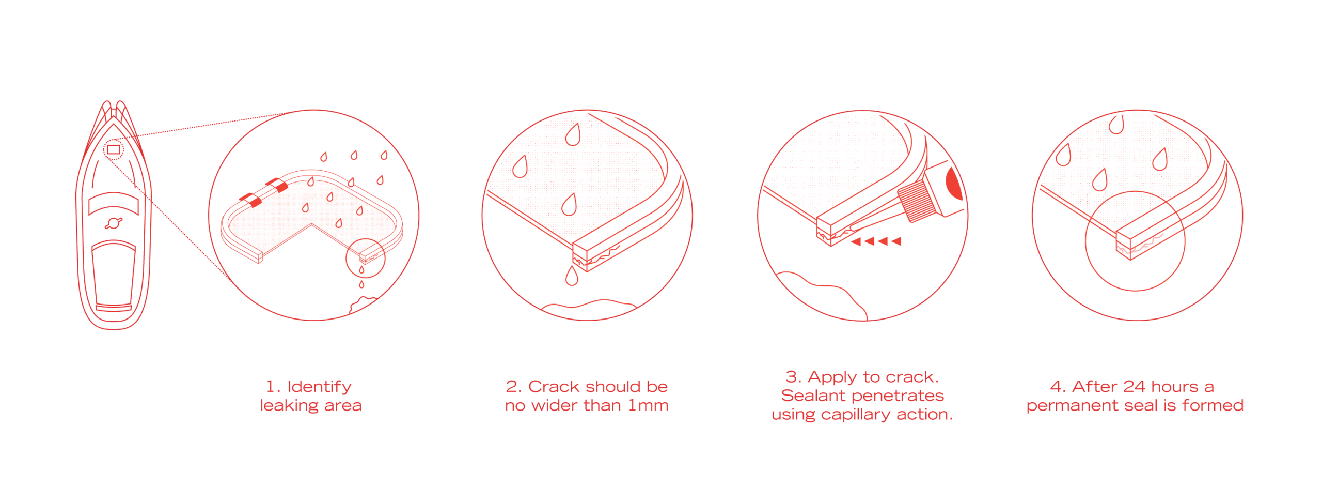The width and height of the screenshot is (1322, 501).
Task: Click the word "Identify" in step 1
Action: click(x=319, y=387)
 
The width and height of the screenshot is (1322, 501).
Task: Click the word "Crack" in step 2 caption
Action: click(x=554, y=387)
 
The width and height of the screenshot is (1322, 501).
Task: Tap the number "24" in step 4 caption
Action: click(x=1134, y=387)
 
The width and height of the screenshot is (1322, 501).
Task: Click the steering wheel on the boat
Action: click(x=114, y=223)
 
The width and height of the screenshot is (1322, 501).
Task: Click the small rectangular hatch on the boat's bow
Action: click(x=113, y=150)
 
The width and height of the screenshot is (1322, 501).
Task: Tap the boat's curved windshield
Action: click(x=114, y=203)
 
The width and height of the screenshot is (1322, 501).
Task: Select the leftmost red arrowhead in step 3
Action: click(x=856, y=241)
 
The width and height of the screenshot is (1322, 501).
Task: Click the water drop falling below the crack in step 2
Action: click(x=572, y=276)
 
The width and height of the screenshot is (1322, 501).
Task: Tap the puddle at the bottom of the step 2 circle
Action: click(x=589, y=305)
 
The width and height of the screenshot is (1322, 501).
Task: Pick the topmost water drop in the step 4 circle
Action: click(x=1116, y=124)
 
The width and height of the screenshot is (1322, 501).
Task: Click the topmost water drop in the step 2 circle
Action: click(x=573, y=134)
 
